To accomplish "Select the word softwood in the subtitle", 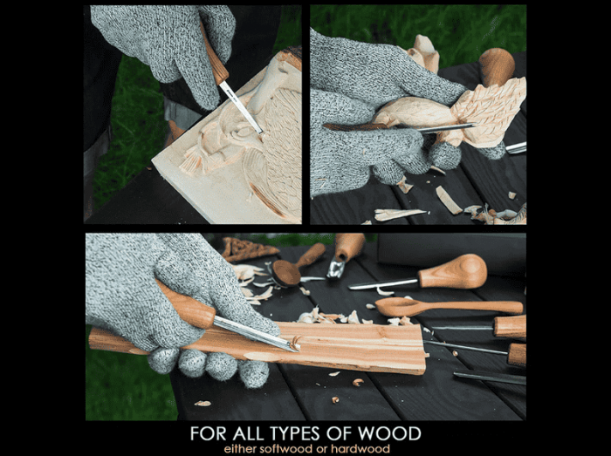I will (286, 448).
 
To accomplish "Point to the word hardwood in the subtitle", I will (360, 448).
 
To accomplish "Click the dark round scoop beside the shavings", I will (285, 273).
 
